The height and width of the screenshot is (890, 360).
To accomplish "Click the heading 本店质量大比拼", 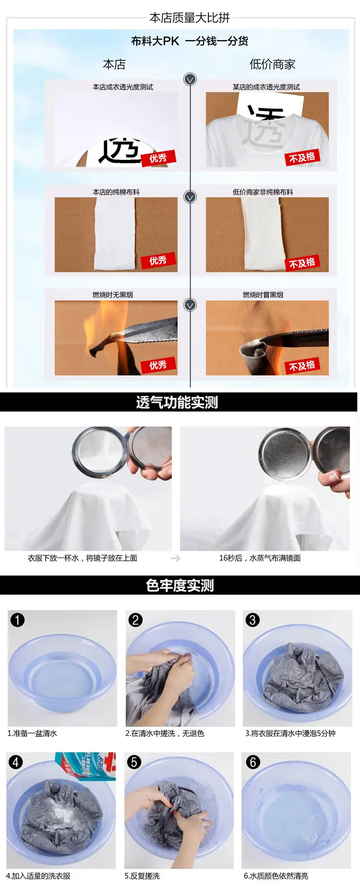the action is (190, 18).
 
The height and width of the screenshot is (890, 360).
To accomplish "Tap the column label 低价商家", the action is (272, 64).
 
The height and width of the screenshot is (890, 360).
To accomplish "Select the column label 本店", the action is (114, 64).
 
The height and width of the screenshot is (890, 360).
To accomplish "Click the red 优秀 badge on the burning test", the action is (158, 365).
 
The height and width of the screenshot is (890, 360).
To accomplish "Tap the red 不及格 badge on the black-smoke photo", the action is (302, 366).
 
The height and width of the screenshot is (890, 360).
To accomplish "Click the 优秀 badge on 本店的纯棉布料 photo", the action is (158, 261).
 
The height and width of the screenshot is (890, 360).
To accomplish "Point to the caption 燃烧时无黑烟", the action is (112, 295).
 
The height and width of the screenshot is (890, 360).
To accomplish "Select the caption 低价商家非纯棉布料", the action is (263, 192).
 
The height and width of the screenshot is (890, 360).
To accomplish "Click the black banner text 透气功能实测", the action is (177, 402).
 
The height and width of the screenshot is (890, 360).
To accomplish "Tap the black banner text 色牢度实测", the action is (180, 586).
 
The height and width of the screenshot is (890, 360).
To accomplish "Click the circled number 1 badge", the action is (17, 620).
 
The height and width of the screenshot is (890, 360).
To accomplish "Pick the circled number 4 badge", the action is (16, 762).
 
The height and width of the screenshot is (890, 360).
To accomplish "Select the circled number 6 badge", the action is (253, 762).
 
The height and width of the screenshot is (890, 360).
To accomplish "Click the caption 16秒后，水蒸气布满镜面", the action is (260, 558).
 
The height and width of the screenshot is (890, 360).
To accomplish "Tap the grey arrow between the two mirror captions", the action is (175, 558).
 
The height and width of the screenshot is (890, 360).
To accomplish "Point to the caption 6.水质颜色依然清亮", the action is (276, 876).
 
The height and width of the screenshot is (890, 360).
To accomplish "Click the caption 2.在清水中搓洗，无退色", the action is (165, 734).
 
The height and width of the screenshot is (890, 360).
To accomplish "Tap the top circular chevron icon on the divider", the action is (190, 79).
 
